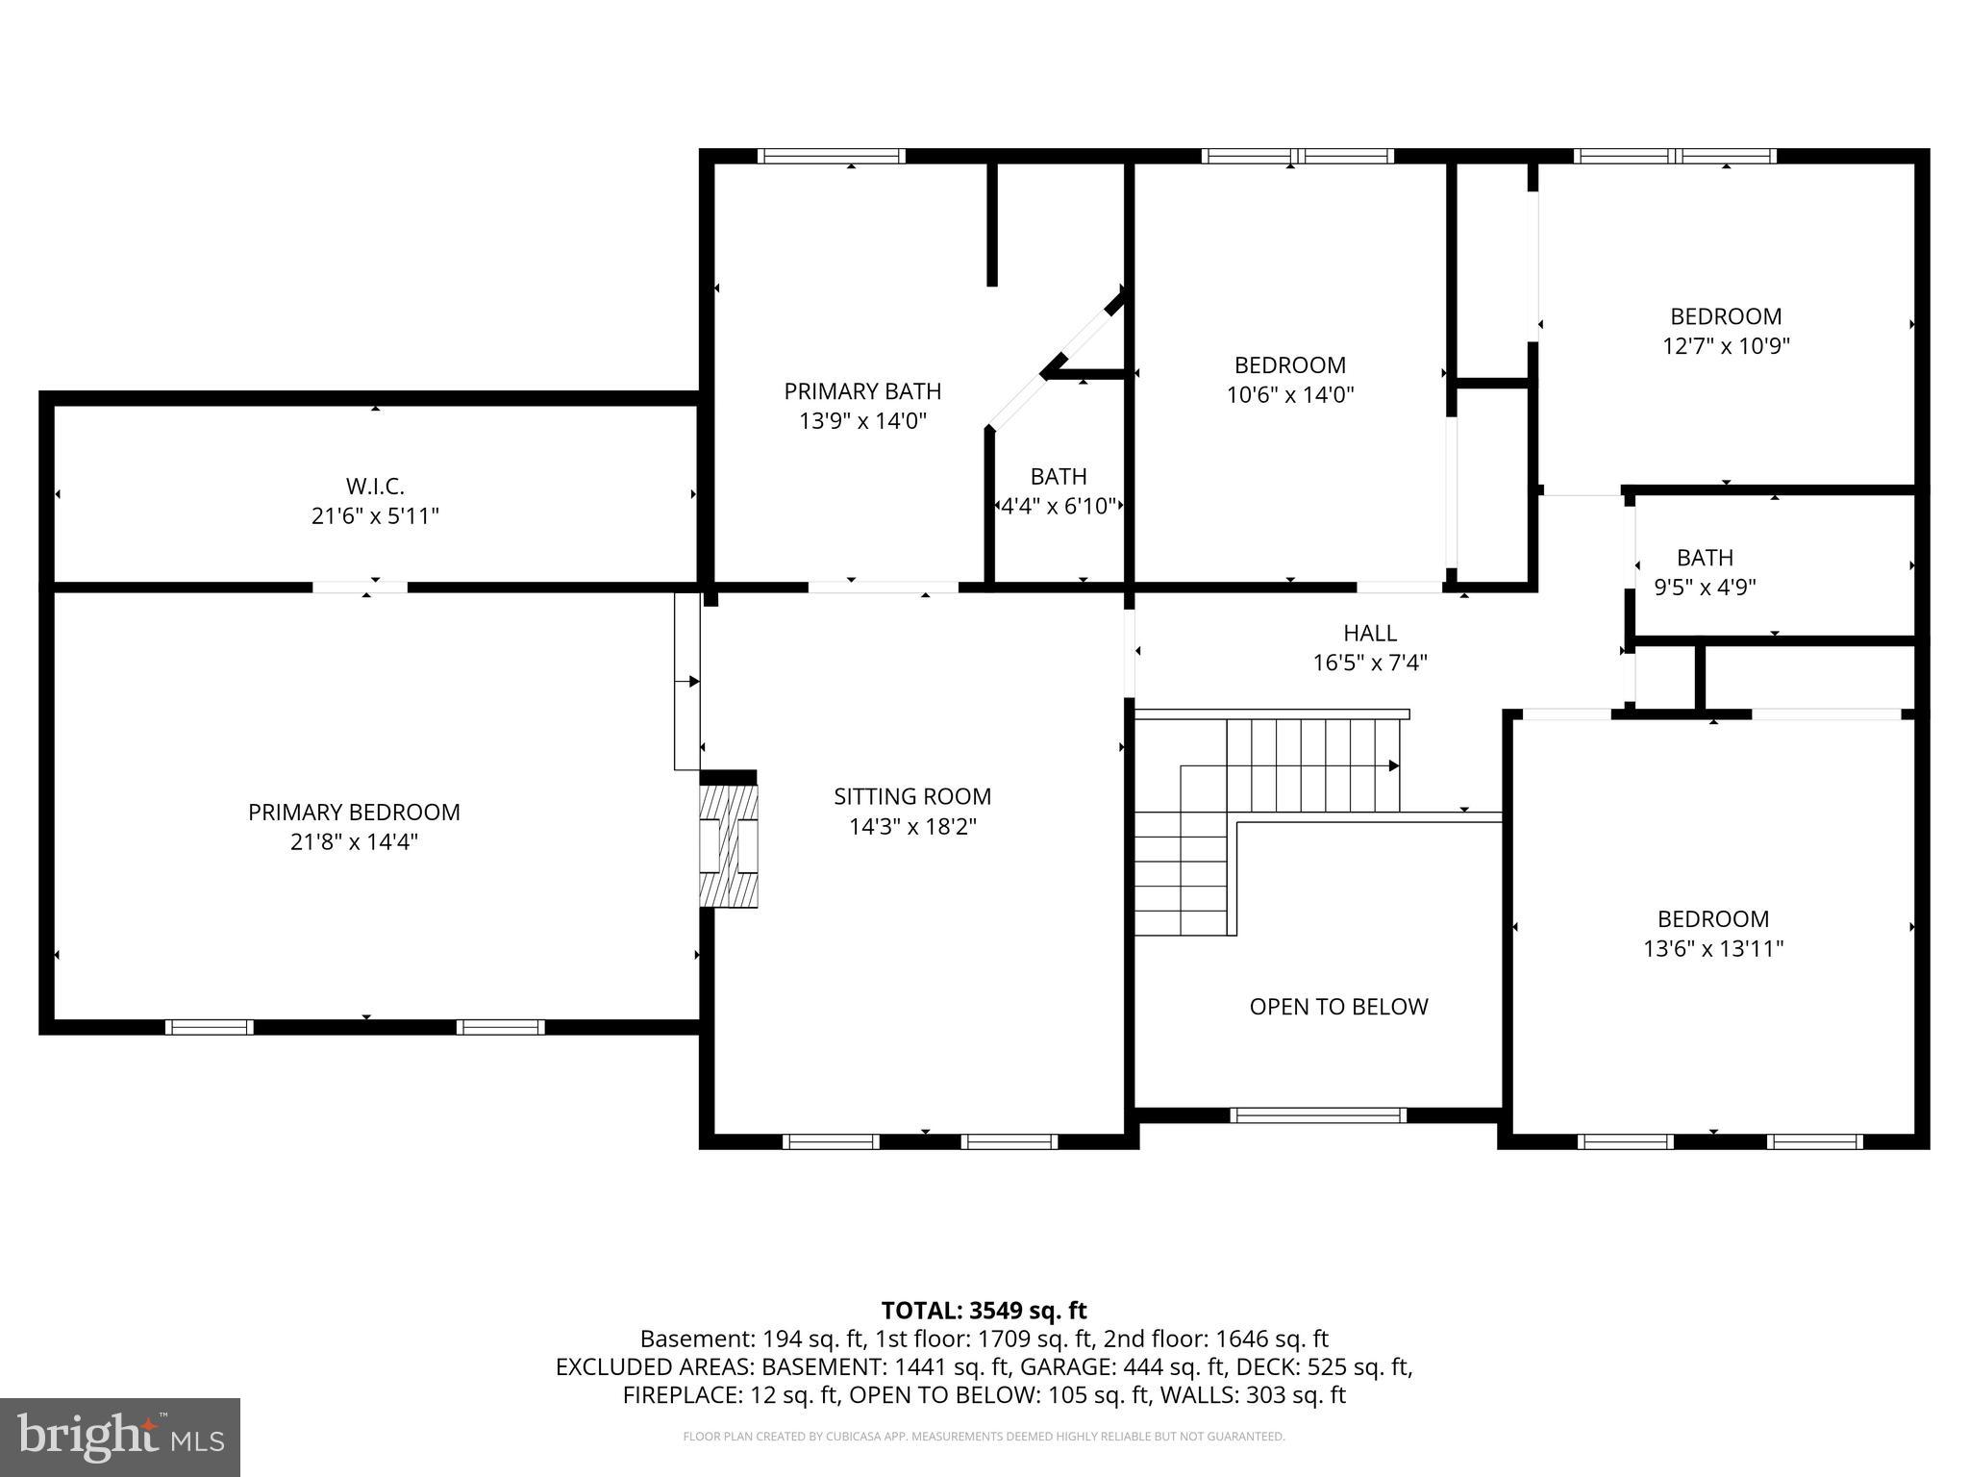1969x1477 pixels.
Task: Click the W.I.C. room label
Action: [375, 487]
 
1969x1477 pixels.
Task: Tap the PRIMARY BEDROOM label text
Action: [354, 813]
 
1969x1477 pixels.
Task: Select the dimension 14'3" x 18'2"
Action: [912, 827]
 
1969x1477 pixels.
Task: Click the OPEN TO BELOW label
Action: [1338, 1007]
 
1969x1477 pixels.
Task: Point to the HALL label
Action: [1369, 633]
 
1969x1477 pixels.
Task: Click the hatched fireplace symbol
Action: [729, 845]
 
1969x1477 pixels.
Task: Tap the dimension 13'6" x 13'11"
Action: [1713, 949]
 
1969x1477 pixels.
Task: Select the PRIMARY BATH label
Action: [862, 391]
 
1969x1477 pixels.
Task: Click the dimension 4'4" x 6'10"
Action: [1059, 506]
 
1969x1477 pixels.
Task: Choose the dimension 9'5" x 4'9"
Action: [1705, 588]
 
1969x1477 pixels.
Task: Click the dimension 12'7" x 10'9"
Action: [1726, 346]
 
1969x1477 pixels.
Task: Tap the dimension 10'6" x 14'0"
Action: [1290, 395]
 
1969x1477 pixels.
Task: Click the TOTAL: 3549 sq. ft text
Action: [984, 1311]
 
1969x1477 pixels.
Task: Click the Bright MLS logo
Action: [120, 1437]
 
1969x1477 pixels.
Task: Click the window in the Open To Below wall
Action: [1317, 1115]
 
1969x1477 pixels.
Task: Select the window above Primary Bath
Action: [832, 156]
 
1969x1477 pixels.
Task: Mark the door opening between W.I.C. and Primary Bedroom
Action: [360, 587]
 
